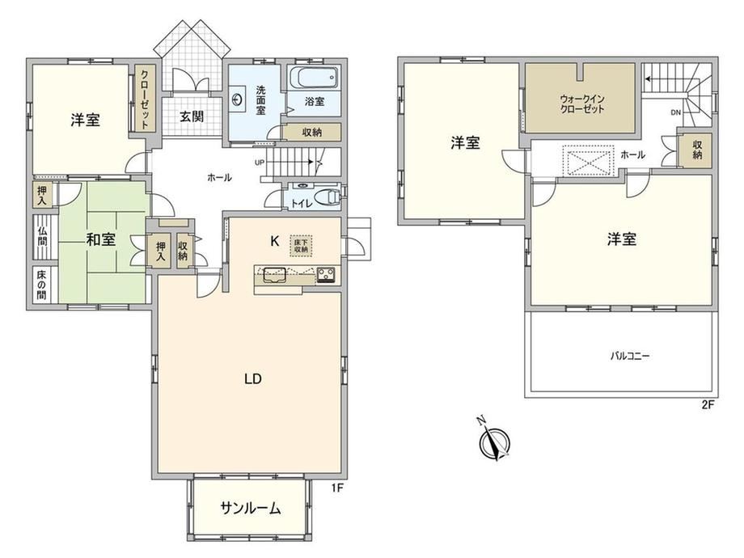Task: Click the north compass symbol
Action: pyautogui.click(x=494, y=440)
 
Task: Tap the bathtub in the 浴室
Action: pyautogui.click(x=314, y=78)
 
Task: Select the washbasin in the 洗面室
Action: pyautogui.click(x=237, y=99)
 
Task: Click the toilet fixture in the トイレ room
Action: pyautogui.click(x=328, y=197)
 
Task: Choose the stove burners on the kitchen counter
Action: pyautogui.click(x=326, y=274)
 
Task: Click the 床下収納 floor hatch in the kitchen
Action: pyautogui.click(x=301, y=246)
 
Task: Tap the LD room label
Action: pyautogui.click(x=253, y=378)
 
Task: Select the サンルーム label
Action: pyautogui.click(x=250, y=508)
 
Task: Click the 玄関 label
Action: pyautogui.click(x=192, y=116)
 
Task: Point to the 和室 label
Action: pyautogui.click(x=100, y=239)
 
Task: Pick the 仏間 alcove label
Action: pyautogui.click(x=43, y=237)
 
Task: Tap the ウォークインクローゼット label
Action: pyautogui.click(x=582, y=104)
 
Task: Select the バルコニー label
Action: pyautogui.click(x=630, y=355)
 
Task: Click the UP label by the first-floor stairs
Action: pyautogui.click(x=260, y=163)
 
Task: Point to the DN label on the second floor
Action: pyautogui.click(x=676, y=112)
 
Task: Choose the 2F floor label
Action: pyautogui.click(x=707, y=404)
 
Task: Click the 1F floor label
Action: pyautogui.click(x=336, y=488)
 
